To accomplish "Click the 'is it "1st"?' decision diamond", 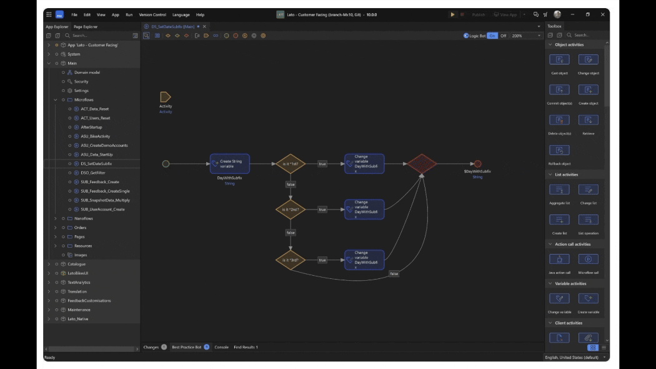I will [x=291, y=164].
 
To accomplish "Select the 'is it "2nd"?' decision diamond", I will [x=291, y=210].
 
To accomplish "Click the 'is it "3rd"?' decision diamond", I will [x=291, y=260].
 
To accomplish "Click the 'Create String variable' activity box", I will [x=229, y=164].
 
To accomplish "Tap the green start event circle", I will [x=166, y=164].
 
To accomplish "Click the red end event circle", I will [x=478, y=164].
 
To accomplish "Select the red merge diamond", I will [x=422, y=164].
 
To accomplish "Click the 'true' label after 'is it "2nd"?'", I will [x=322, y=210].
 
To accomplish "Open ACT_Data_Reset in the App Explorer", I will [x=94, y=109].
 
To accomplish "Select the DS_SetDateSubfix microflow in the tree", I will [x=96, y=163].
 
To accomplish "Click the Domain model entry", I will [x=87, y=73].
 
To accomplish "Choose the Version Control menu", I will [x=152, y=14].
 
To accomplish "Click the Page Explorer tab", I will [x=86, y=27].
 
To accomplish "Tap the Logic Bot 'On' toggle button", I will [x=492, y=36].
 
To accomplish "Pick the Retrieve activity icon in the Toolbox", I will [x=588, y=120].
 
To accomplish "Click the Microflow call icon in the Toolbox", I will [x=588, y=260].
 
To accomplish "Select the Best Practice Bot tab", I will [x=187, y=347].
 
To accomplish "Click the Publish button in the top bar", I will [x=478, y=14].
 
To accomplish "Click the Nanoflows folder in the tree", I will [x=83, y=218].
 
